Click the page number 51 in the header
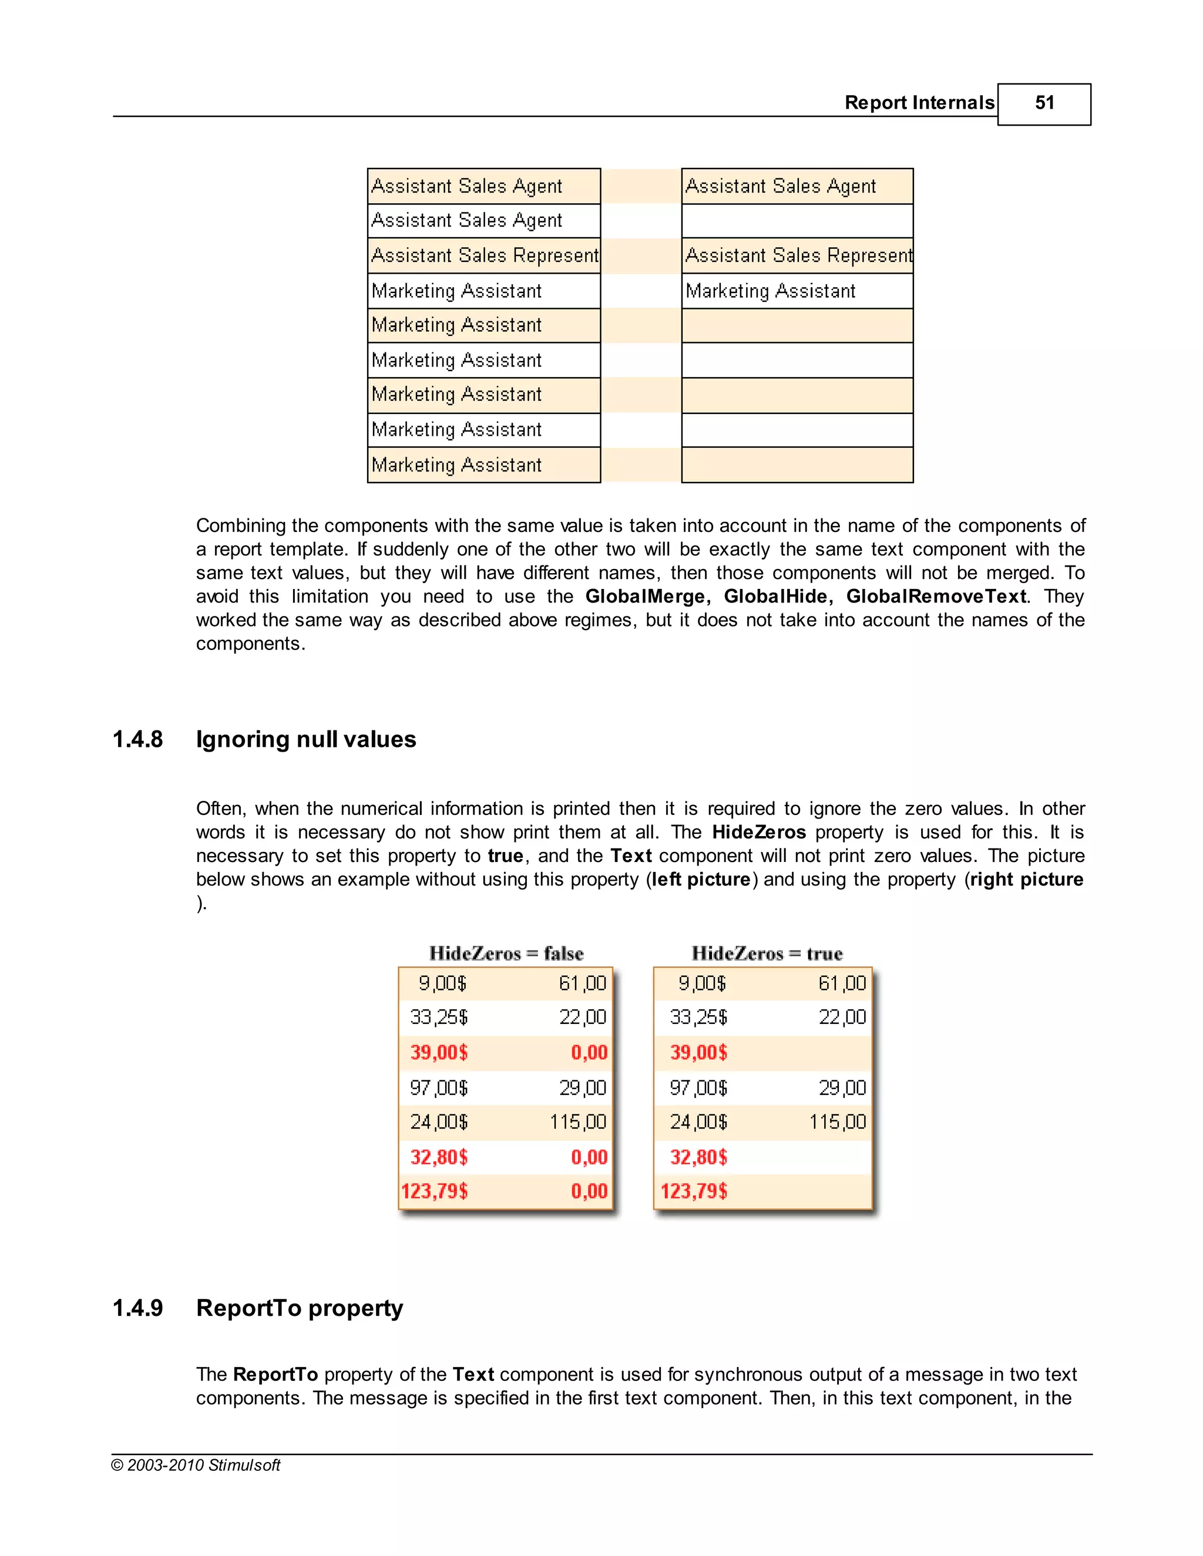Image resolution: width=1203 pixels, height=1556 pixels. coord(1043,103)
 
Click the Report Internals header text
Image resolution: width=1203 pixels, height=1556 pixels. coord(919,103)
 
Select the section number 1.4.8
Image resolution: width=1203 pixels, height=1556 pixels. coord(137,739)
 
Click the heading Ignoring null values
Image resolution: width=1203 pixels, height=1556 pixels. coord(305,739)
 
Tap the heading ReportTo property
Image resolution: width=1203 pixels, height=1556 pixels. coord(300,1308)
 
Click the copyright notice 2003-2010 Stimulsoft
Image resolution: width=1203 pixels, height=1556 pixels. coord(196,1465)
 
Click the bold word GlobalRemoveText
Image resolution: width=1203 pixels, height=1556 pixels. coord(936,597)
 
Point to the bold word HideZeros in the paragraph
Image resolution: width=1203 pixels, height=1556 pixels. coord(758,832)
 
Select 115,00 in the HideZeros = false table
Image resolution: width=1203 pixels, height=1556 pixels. coord(578,1122)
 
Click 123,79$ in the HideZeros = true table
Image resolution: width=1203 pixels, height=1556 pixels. coord(694,1191)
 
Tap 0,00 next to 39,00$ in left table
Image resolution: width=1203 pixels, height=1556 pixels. coord(589,1053)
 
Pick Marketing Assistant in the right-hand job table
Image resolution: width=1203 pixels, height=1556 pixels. coord(771,291)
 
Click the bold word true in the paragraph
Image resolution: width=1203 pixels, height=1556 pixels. coord(505,856)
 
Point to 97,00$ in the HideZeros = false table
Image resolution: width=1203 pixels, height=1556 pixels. coord(438,1088)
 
